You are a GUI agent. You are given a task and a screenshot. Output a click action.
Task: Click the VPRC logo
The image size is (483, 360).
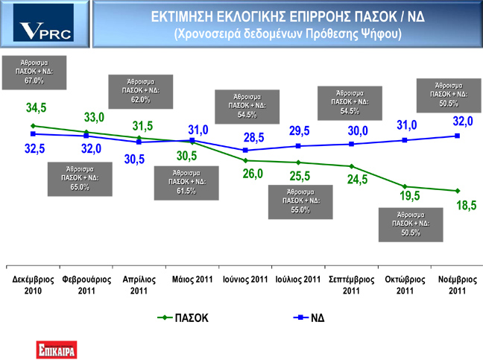(43, 23)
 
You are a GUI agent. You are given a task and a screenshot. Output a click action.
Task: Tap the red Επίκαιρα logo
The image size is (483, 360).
(57, 350)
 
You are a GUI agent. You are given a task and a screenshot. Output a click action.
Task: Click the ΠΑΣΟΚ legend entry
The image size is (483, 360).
(183, 318)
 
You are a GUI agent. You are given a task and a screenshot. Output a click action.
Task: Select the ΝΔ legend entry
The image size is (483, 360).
(309, 318)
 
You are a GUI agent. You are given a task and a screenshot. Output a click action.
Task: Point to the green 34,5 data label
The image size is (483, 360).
(36, 108)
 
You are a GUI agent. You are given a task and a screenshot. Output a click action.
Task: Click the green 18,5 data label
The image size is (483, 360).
(467, 205)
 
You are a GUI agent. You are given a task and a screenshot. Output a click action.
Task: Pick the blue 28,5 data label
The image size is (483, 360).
(254, 137)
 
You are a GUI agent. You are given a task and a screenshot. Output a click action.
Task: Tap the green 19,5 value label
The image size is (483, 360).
(410, 196)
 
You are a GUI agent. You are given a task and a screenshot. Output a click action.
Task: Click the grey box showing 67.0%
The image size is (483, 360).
(34, 73)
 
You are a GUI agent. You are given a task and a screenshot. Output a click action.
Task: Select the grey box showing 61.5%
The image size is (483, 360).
(186, 183)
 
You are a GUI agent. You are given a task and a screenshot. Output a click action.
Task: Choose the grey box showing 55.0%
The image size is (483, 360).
(300, 202)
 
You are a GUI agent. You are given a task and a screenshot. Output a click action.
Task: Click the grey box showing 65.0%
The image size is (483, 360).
(80, 179)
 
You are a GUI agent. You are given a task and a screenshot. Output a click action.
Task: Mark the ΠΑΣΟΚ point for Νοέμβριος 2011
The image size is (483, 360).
(458, 191)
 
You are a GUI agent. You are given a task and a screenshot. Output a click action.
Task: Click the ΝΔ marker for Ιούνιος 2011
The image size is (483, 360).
(245, 151)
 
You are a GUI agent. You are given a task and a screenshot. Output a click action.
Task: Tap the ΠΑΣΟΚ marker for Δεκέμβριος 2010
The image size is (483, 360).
(33, 126)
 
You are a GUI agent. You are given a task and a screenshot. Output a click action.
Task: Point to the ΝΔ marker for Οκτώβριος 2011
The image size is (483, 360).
(405, 140)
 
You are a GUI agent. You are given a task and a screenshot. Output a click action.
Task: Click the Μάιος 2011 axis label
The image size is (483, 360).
(192, 280)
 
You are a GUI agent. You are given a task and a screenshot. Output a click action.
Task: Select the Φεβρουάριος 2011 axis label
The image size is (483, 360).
(86, 285)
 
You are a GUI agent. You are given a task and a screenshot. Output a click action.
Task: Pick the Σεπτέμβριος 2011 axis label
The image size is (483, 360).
(352, 285)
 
